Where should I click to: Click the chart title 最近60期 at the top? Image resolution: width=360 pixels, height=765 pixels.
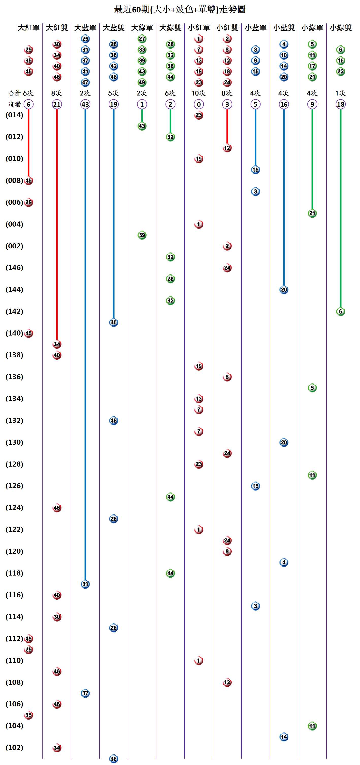click(x=179, y=9)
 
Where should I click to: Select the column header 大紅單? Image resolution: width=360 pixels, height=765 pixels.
click(x=28, y=28)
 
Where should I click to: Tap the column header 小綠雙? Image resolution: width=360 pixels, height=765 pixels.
click(x=340, y=28)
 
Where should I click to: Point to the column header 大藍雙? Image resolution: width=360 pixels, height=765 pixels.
click(x=113, y=28)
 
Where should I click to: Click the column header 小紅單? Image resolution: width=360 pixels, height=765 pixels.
click(x=199, y=28)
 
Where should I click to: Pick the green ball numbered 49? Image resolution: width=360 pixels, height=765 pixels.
click(x=142, y=82)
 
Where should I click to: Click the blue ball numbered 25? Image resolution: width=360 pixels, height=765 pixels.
click(x=85, y=39)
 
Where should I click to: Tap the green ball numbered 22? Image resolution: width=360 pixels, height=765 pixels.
click(x=340, y=72)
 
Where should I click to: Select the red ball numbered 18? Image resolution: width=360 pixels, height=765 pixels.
click(x=227, y=72)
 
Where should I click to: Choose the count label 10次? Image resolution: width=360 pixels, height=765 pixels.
click(x=199, y=93)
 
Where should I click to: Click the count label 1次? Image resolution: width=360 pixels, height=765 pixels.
click(x=340, y=93)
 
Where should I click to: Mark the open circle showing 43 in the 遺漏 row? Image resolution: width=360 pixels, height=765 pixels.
click(x=85, y=104)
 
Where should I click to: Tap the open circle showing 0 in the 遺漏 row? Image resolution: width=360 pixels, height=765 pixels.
click(x=199, y=104)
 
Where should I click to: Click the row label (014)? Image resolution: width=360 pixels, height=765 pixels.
click(x=14, y=115)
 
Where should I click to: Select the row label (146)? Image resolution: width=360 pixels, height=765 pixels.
click(x=14, y=267)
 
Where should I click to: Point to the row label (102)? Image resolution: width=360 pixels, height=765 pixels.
click(x=14, y=747)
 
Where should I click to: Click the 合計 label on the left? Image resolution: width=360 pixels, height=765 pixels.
click(x=14, y=93)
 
